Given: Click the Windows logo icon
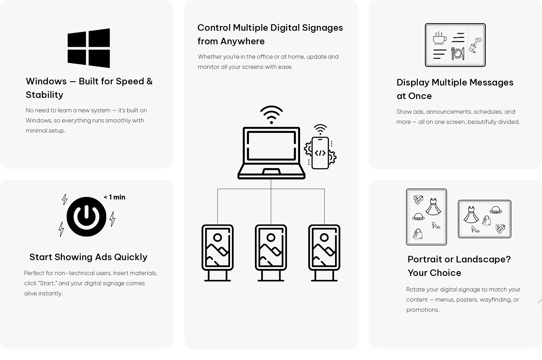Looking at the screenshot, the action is click(89, 48).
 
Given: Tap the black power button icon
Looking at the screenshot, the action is click(86, 217).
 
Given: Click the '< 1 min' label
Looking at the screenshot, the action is click(114, 197).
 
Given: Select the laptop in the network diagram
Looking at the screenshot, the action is click(271, 153).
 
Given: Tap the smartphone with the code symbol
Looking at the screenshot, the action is click(320, 153).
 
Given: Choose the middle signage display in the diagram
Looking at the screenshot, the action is click(271, 253).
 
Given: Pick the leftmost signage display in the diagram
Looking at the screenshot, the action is click(218, 253).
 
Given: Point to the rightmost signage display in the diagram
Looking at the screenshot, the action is click(324, 253).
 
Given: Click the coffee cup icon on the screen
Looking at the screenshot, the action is click(440, 38).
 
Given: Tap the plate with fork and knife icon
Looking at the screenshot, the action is click(458, 53).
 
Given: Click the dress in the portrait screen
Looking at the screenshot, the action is click(433, 207).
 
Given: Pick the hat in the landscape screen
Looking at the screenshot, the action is click(496, 210).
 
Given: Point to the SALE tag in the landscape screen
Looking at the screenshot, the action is click(501, 229).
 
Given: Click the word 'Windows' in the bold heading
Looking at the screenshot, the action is click(46, 81).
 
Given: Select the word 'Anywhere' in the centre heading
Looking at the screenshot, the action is click(242, 41).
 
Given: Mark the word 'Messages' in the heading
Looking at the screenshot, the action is click(491, 82).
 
